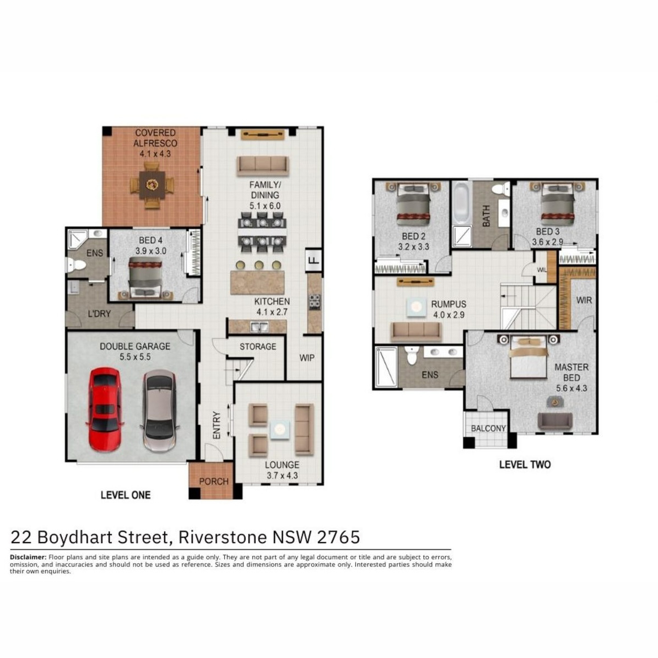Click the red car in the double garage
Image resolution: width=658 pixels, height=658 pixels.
tap(105, 409)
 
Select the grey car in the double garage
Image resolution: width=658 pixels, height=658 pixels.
tap(159, 411)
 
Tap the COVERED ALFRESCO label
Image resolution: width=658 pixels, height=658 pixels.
tap(155, 138)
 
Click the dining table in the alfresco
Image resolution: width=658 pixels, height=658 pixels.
tap(152, 185)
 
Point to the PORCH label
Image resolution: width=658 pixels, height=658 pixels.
tap(214, 481)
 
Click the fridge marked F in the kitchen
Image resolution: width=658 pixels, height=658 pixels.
tap(314, 260)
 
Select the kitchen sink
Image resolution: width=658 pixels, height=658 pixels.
tap(260, 326)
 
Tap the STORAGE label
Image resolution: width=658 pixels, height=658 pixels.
tap(258, 347)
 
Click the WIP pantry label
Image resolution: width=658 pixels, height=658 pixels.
tap(307, 358)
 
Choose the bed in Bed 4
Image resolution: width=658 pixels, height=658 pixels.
tap(145, 278)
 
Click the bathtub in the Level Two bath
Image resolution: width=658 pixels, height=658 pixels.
tap(461, 203)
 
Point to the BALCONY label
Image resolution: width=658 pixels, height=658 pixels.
tap(488, 428)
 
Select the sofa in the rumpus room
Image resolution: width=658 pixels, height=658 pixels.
tap(416, 332)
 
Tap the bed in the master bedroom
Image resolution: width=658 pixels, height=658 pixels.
tap(528, 357)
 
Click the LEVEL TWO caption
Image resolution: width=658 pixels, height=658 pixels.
tap(525, 465)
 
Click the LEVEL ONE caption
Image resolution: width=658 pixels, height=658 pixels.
tap(126, 495)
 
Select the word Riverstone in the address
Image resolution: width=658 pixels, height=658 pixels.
tap(223, 537)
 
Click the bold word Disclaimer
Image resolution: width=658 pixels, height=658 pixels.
tap(28, 557)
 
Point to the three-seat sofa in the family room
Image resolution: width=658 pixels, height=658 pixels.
tap(263, 166)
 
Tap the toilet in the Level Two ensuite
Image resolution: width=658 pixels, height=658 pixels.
tap(412, 355)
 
